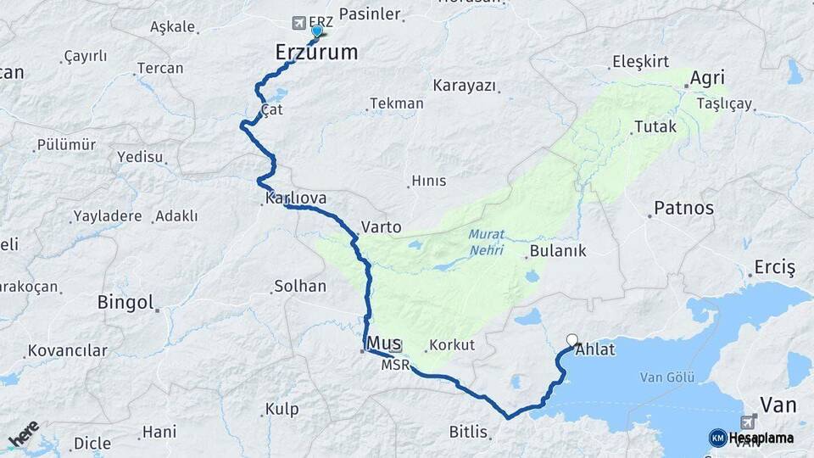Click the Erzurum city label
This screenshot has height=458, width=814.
point(316,53)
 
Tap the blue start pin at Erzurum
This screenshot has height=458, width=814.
point(317,31)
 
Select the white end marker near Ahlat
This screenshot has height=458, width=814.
point(572,339)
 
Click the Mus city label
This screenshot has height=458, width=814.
point(384,343)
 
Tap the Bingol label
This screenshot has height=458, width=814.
point(125,302)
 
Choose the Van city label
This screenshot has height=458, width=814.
point(778,405)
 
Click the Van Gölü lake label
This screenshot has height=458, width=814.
point(666,377)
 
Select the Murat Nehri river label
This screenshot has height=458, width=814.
point(486,243)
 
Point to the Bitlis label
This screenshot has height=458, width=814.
point(469,432)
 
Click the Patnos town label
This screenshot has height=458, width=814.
point(683,208)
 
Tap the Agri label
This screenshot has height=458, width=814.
point(706,78)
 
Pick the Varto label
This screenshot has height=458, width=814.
point(381,227)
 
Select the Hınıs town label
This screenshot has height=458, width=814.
point(427,181)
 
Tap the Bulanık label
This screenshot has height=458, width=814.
point(557,251)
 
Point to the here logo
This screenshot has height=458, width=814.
point(25,434)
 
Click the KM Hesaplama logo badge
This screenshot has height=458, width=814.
point(718,438)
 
